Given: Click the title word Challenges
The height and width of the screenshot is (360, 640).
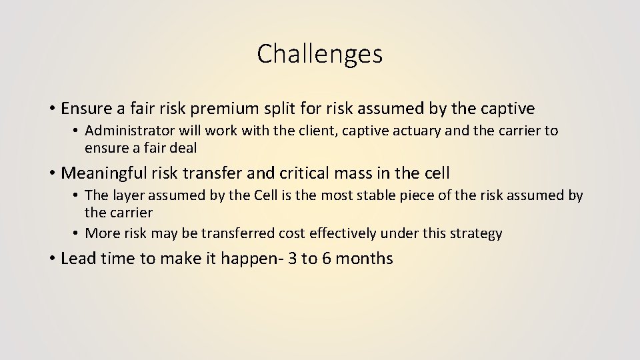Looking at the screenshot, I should pyautogui.click(x=320, y=54).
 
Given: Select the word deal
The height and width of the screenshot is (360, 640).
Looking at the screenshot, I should pyautogui.click(x=182, y=148).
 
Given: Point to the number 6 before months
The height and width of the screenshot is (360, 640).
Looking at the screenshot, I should pyautogui.click(x=327, y=259).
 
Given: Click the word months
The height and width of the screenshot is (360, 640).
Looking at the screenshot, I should pyautogui.click(x=364, y=259).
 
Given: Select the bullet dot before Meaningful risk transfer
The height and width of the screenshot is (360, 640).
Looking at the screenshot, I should pyautogui.click(x=51, y=174).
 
